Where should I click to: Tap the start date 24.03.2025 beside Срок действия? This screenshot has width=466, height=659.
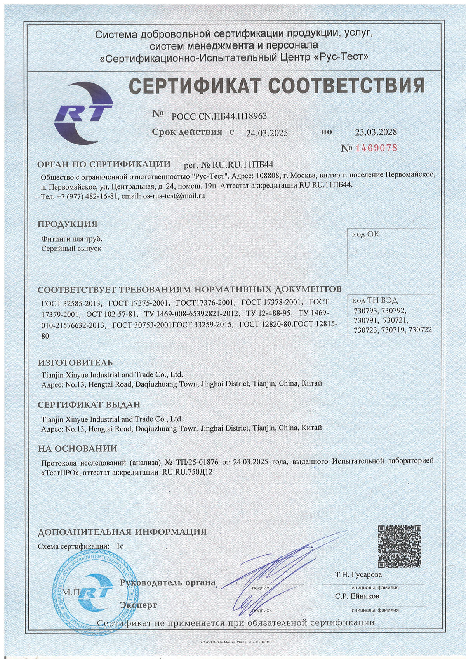[267, 133]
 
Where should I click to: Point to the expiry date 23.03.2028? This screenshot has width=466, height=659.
[376, 132]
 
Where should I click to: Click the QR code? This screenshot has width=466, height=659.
[400, 546]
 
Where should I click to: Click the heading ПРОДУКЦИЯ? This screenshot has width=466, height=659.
[68, 224]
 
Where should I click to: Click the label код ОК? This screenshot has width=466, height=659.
[365, 235]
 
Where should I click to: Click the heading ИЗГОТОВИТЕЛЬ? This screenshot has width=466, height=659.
[75, 363]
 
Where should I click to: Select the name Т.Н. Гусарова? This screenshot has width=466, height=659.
[358, 574]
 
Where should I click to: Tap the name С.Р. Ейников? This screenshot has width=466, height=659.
[357, 596]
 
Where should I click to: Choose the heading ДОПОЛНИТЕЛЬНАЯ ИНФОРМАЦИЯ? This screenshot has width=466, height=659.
[122, 532]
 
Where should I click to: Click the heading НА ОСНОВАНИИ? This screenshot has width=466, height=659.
[77, 449]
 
